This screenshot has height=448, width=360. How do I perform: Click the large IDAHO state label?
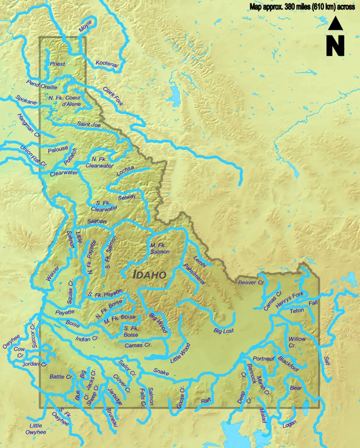[150, 274]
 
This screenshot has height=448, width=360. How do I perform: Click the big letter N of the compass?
[335, 46]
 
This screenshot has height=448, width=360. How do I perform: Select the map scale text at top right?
[302, 7]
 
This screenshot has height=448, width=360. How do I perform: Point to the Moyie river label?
[85, 25]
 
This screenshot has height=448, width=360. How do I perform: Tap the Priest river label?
[57, 64]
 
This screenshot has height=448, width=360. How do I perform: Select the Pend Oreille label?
[42, 85]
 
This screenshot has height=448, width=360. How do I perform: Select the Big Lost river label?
[223, 331]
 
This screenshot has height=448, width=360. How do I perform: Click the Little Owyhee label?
[36, 429]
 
